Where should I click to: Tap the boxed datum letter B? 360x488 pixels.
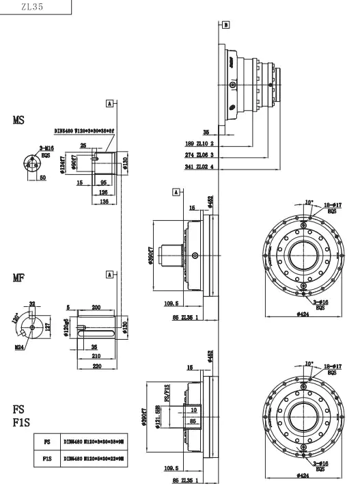click(226, 24)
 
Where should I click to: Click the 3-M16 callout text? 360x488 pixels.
click(47, 148)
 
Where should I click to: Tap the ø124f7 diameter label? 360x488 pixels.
click(64, 165)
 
